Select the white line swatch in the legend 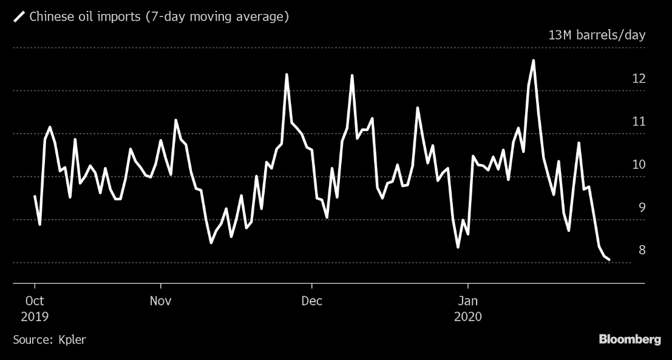19,17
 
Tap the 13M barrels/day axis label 597,35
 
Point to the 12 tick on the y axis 637,78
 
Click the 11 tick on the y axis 637,121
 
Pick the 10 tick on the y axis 637,165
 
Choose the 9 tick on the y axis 638,208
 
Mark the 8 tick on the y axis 638,250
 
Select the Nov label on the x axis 160,301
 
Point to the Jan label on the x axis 468,301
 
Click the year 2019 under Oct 35,316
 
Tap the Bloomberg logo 630,339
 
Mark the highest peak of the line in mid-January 533,60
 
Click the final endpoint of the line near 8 609,260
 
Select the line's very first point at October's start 35,196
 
